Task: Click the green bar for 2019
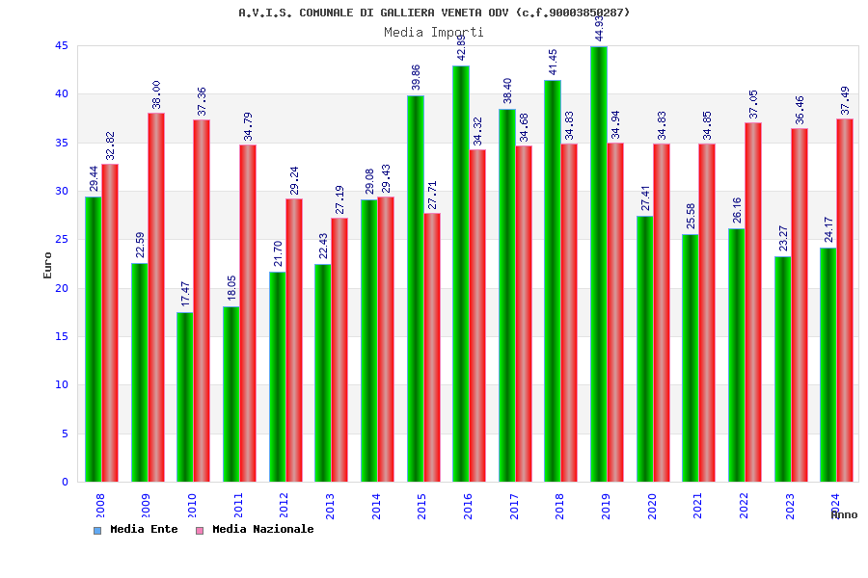[599, 264]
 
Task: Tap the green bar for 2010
[185, 397]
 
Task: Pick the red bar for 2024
[845, 300]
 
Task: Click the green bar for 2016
[461, 274]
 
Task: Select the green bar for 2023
[782, 369]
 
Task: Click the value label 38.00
[156, 94]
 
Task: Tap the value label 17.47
[186, 294]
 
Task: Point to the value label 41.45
[554, 62]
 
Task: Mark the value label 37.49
[846, 100]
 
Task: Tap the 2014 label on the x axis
[377, 506]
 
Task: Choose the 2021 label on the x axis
[698, 506]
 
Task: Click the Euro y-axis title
[48, 265]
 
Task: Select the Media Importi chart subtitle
[434, 32]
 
